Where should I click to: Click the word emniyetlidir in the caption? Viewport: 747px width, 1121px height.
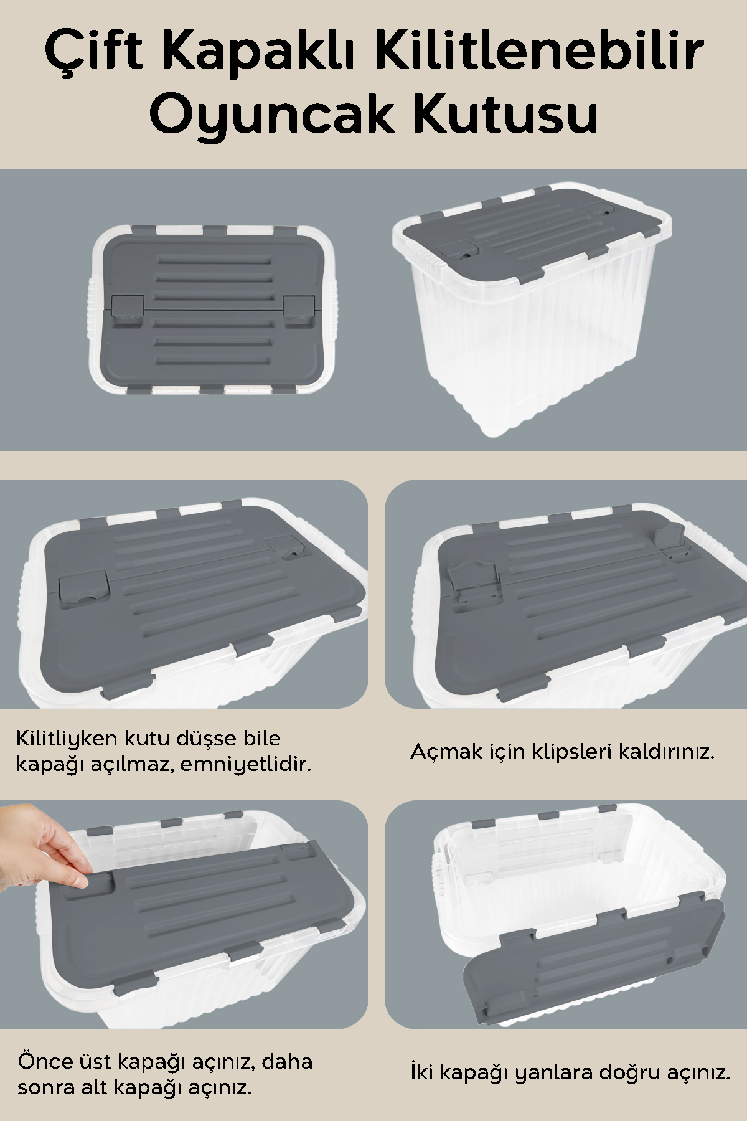(247, 764)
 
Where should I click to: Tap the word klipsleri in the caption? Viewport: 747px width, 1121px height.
(571, 752)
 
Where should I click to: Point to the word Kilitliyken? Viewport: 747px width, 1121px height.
(67, 739)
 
